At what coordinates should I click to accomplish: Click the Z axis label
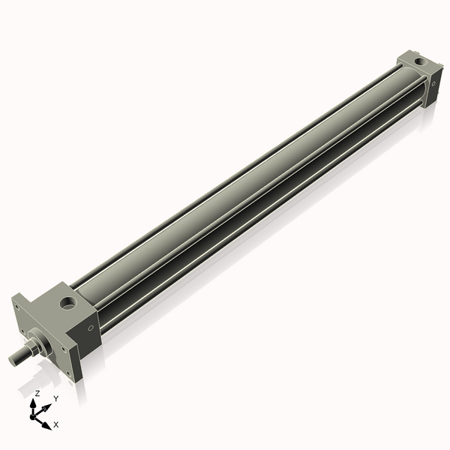37,393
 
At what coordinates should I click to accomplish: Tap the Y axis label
55,398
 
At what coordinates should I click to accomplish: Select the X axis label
55,424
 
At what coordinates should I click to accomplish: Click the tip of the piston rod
13,359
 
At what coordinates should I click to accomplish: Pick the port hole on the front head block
69,304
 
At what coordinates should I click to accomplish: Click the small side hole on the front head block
91,327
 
